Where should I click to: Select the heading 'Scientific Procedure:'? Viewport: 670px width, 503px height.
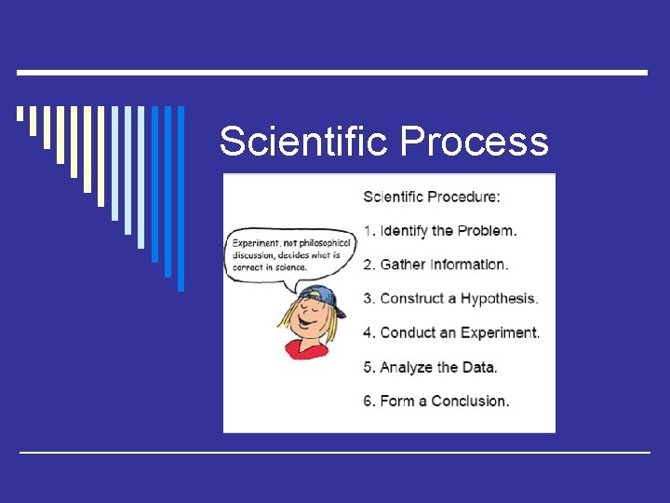pyautogui.click(x=431, y=197)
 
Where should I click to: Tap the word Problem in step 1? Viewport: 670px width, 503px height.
pyautogui.click(x=487, y=230)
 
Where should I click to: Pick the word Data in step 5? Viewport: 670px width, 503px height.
pyautogui.click(x=479, y=367)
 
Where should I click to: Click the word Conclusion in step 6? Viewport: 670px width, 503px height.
pyautogui.click(x=469, y=401)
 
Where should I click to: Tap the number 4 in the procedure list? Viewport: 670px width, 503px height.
pyautogui.click(x=368, y=333)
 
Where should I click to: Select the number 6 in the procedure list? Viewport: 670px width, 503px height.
pyautogui.click(x=368, y=401)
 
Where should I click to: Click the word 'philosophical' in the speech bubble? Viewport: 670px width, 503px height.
pyautogui.click(x=320, y=243)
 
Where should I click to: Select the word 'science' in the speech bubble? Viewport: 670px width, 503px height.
pyautogui.click(x=292, y=266)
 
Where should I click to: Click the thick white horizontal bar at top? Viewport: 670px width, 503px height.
pyautogui.click(x=332, y=73)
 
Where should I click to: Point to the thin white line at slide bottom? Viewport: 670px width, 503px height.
pyautogui.click(x=335, y=452)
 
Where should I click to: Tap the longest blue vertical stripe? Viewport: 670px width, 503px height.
pyautogui.click(x=181, y=198)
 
